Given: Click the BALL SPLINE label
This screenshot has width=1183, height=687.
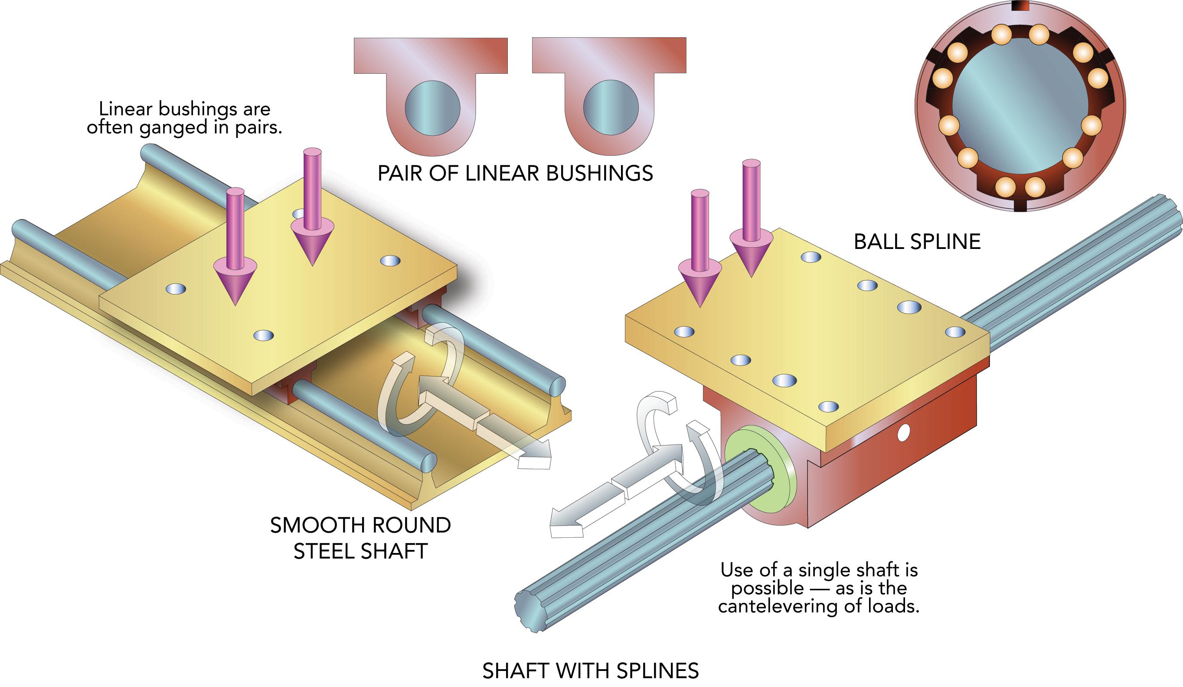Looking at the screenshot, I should tap(917, 242).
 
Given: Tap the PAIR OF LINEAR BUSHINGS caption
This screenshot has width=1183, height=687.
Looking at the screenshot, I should tap(515, 174).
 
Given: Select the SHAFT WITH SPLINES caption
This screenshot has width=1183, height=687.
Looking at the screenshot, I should tap(590, 671).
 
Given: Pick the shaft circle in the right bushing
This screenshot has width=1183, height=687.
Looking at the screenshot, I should tap(610, 108).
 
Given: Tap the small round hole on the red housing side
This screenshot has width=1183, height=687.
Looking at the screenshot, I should tap(902, 432).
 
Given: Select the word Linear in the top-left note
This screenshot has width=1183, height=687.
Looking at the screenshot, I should tap(126, 109).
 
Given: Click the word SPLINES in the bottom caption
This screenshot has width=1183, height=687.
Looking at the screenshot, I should tap(658, 671).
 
